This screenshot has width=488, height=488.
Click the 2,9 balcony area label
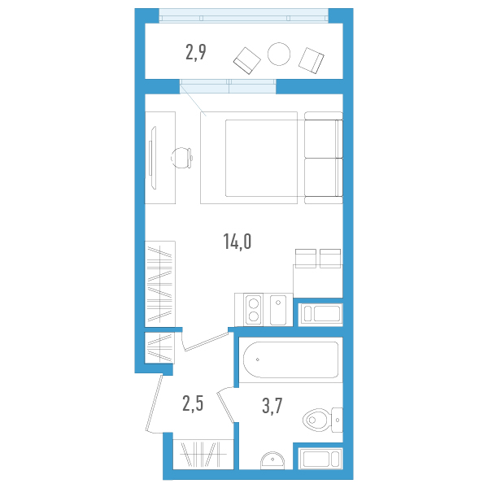click(x=196, y=52)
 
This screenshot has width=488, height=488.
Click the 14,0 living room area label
click(x=237, y=242)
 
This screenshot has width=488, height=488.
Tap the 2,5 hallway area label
click(x=193, y=404)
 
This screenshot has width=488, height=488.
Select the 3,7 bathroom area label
click(x=272, y=406)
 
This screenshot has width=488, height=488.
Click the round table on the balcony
click(x=279, y=54)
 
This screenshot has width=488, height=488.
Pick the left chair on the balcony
click(x=247, y=61)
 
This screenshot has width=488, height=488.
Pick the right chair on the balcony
click(x=312, y=60)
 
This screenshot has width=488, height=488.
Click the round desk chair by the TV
click(x=181, y=158)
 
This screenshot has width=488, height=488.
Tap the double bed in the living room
click(x=249, y=158)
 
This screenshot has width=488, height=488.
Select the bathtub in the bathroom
click(x=290, y=359)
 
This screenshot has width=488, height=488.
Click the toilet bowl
click(x=322, y=420)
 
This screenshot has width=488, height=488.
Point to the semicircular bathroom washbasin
click(x=272, y=460)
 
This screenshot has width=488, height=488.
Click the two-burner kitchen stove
click(x=254, y=310)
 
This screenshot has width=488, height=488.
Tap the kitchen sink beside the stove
click(x=278, y=310)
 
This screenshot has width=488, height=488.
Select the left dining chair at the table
click(x=306, y=259)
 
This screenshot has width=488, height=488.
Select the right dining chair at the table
click(x=330, y=259)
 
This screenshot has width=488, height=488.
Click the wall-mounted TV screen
click(x=153, y=158)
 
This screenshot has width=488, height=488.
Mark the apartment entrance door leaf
click(x=154, y=403)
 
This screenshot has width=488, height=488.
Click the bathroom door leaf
click(x=225, y=407)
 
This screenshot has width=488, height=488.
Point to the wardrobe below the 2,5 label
click(x=203, y=455)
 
